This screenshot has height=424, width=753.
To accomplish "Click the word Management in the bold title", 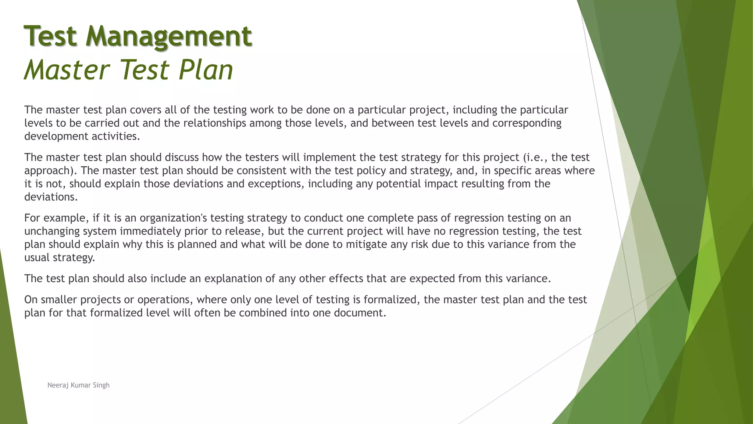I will [x=169, y=36].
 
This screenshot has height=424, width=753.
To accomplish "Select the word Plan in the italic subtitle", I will [x=206, y=70].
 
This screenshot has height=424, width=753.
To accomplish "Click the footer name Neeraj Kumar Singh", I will [x=78, y=385].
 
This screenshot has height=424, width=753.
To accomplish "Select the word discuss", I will [x=182, y=158].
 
